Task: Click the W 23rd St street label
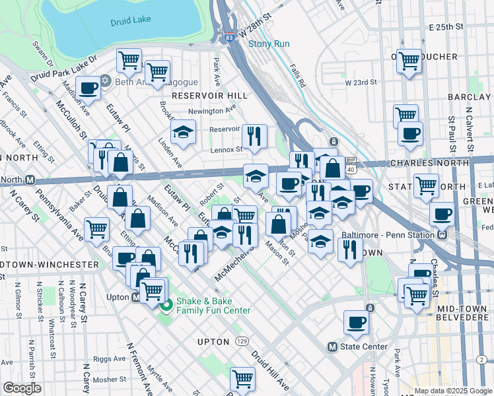click(361, 83)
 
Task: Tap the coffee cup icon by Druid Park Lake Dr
click(88, 88)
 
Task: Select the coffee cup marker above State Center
click(356, 323)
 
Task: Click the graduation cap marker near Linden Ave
click(183, 132)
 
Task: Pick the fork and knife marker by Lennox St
click(254, 137)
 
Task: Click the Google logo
click(22, 388)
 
